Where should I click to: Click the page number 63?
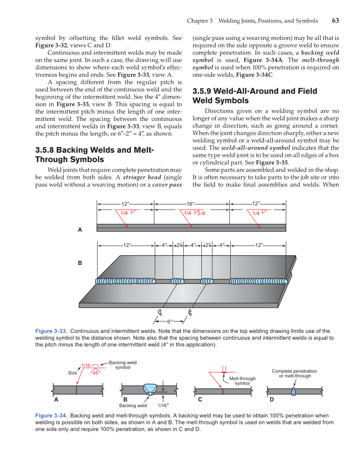[335, 21]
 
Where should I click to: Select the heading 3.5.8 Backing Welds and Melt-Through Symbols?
[94, 155]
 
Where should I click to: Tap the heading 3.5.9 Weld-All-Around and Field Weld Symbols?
[254, 96]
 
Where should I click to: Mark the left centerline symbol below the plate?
[160, 313]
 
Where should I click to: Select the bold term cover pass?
[167, 185]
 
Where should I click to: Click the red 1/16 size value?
[86, 365]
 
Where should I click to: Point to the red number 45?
[95, 373]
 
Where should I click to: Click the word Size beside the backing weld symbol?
[73, 373]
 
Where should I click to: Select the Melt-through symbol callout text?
[242, 381]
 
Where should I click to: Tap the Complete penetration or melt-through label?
[294, 374]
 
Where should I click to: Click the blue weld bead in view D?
[293, 391]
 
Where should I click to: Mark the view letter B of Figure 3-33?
[80, 263]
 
